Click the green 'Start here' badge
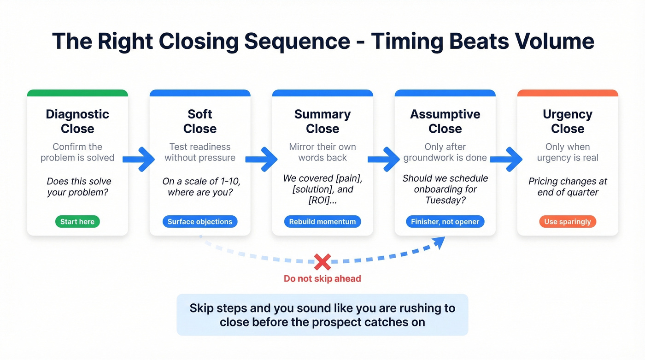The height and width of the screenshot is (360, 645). coord(77,222)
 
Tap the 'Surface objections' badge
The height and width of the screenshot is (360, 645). coord(200,222)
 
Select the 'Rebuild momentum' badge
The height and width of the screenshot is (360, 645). coord(322,222)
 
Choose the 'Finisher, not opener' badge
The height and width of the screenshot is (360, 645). coord(445,222)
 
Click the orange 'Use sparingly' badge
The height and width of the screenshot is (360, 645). coord(568,222)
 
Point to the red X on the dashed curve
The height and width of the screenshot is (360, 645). coord(322,262)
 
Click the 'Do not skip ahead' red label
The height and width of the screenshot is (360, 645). coord(322,278)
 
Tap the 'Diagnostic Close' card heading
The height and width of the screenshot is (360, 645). coord(77,121)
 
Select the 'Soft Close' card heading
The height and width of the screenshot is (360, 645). coord(200,121)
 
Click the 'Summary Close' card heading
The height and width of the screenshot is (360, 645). coord(322,121)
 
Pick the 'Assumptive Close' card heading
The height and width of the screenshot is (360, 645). coord(445,121)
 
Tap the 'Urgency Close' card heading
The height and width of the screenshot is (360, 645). coord(568,121)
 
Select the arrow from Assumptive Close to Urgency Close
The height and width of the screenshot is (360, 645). coord(507,159)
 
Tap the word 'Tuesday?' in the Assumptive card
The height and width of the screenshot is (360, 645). coord(445,200)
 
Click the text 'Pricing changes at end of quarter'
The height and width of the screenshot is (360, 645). coord(568,187)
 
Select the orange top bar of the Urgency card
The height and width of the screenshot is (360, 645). coord(568,93)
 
